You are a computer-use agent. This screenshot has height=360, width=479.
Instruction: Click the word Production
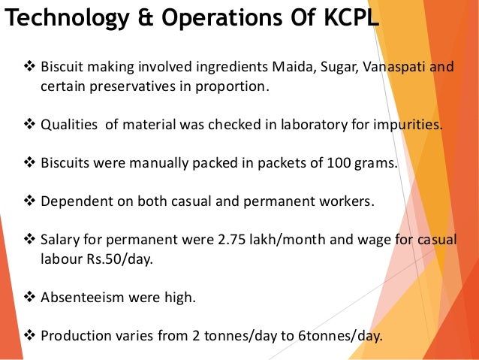pyautogui.click(x=74, y=335)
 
